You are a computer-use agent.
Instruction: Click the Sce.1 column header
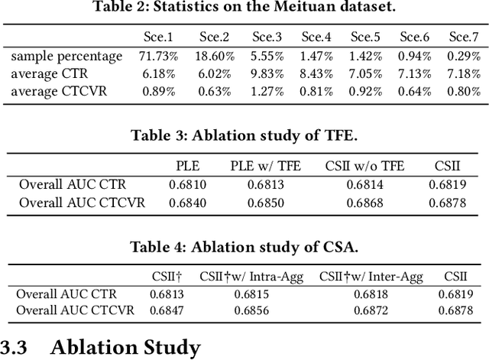point(159,37)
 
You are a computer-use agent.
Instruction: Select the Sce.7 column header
point(464,37)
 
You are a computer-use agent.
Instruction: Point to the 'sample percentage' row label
point(66,56)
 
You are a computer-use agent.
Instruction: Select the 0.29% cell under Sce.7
point(464,56)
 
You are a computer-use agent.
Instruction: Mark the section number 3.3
point(15,347)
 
